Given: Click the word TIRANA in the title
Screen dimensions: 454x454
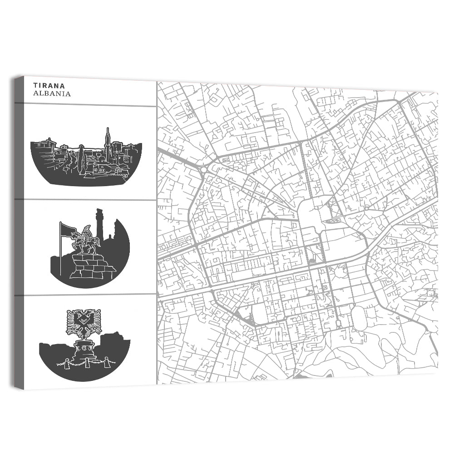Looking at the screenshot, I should click(x=49, y=85).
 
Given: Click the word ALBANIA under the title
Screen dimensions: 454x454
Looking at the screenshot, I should click(x=52, y=94).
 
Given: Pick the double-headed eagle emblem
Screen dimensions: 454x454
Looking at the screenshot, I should click(x=84, y=322).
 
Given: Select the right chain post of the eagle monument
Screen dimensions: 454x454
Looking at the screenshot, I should click(x=107, y=362).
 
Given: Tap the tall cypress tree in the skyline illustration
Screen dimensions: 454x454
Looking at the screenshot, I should click(x=81, y=159).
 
